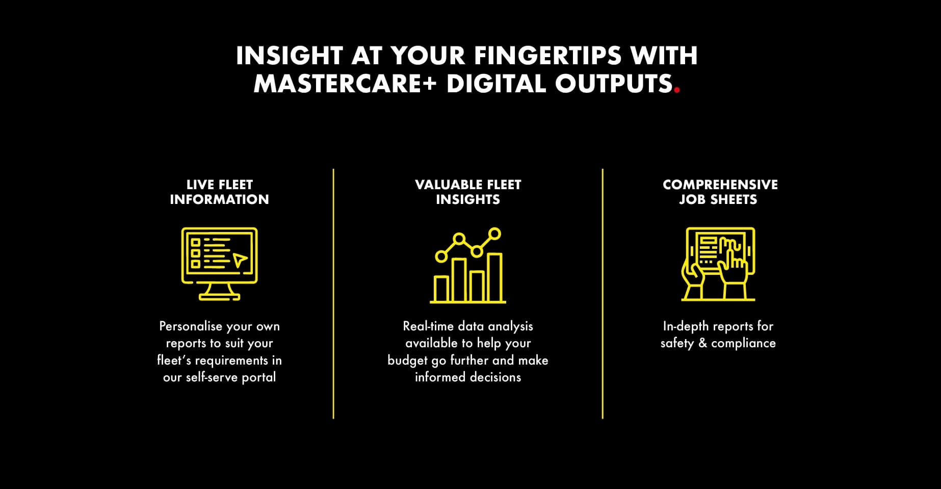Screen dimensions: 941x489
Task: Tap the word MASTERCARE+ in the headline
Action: pyautogui.click(x=345, y=84)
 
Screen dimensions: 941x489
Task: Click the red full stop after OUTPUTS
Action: pyautogui.click(x=677, y=91)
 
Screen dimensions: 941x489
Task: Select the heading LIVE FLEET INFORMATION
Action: pyautogui.click(x=219, y=192)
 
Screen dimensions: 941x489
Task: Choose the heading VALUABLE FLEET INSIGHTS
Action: pyautogui.click(x=468, y=192)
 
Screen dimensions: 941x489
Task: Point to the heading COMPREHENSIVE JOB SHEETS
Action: pyautogui.click(x=720, y=192)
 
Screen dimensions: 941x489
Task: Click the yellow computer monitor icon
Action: pyautogui.click(x=219, y=264)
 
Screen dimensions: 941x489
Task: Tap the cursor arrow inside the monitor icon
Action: pyautogui.click(x=240, y=260)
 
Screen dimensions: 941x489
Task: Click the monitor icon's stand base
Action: pyautogui.click(x=219, y=297)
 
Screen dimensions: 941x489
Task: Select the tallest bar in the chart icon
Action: pyautogui.click(x=494, y=277)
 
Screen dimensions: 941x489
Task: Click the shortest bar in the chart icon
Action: pyautogui.click(x=441, y=289)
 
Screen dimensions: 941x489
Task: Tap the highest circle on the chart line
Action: pyautogui.click(x=494, y=234)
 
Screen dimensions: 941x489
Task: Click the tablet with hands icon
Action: pyautogui.click(x=718, y=264)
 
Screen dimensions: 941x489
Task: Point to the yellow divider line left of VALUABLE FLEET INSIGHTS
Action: pyautogui.click(x=333, y=294)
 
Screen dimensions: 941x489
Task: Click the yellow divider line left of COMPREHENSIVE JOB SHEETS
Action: pyautogui.click(x=603, y=294)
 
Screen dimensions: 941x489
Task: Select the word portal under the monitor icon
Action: pyautogui.click(x=258, y=377)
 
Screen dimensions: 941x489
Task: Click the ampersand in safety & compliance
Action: pyautogui.click(x=702, y=343)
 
